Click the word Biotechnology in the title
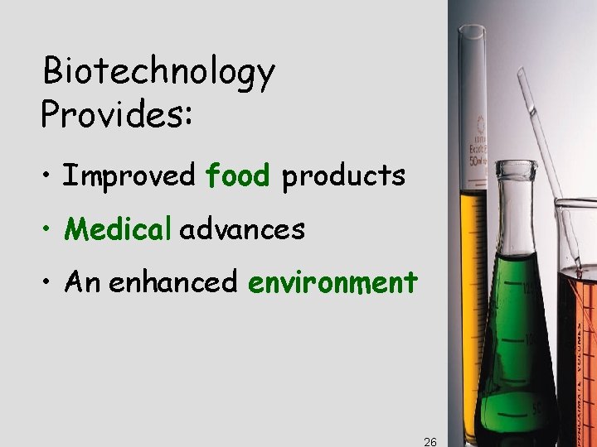pyautogui.click(x=158, y=74)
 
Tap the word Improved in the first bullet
pyautogui.click(x=129, y=175)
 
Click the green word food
pyautogui.click(x=238, y=175)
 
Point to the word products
pyautogui.click(x=343, y=176)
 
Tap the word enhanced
pyautogui.click(x=173, y=282)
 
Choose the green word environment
pyautogui.click(x=332, y=282)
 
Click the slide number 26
pyautogui.click(x=430, y=442)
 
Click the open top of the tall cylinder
pyautogui.click(x=472, y=31)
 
